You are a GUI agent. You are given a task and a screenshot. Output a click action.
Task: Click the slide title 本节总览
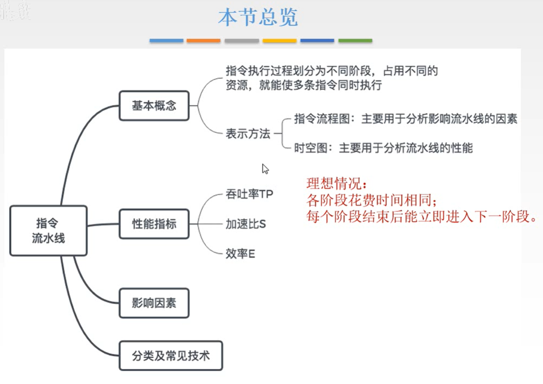(258, 18)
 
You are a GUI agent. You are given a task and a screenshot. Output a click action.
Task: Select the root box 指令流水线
(49, 230)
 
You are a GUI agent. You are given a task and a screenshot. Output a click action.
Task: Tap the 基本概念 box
(154, 106)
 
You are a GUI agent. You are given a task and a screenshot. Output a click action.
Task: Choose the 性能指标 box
(154, 224)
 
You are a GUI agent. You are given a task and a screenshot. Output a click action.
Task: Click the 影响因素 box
(154, 304)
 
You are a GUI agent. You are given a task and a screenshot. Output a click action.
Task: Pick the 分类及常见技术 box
(171, 356)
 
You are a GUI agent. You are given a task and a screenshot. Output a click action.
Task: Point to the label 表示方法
(248, 134)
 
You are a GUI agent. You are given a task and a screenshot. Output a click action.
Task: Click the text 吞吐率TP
(249, 194)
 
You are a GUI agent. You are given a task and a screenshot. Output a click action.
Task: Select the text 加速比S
(245, 224)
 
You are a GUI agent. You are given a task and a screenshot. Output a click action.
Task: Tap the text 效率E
(240, 254)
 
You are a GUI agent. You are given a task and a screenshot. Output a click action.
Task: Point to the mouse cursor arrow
(265, 168)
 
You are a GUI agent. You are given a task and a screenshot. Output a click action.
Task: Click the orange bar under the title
(204, 41)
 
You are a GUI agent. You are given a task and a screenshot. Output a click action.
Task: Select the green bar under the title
(355, 41)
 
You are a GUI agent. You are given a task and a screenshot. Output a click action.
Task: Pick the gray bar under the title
(242, 41)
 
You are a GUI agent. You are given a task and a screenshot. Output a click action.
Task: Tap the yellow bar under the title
(280, 41)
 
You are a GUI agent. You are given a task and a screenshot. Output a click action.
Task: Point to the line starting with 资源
(303, 86)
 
